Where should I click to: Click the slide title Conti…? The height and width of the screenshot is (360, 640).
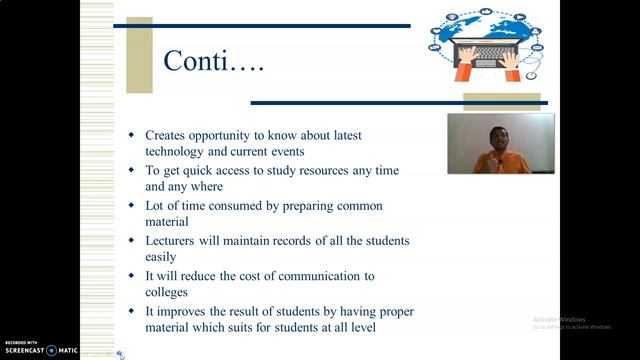tap(214, 62)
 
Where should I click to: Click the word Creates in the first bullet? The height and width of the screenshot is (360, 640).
tap(169, 135)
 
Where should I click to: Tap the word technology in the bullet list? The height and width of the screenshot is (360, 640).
tap(180, 151)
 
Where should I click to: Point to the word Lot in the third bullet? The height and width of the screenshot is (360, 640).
tap(156, 206)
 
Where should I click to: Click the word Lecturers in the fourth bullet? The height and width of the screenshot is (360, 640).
tap(175, 241)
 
